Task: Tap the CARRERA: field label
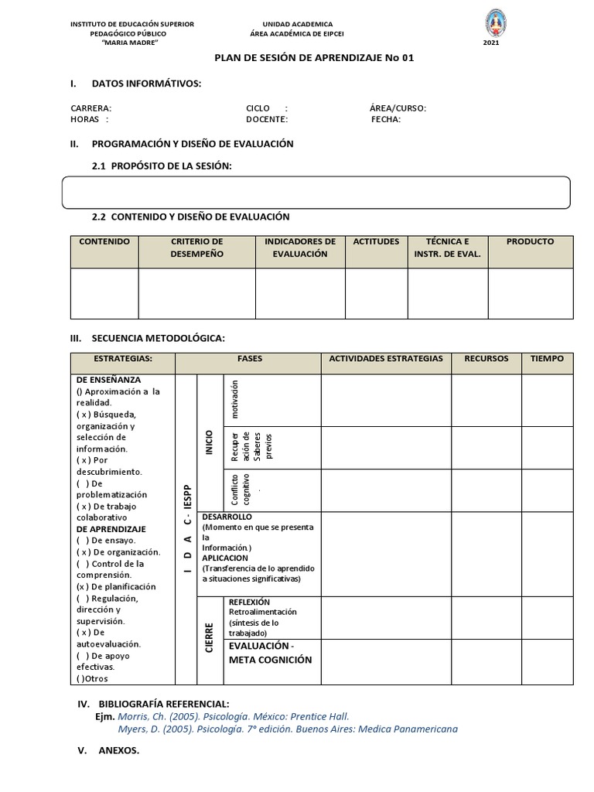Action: click(x=90, y=108)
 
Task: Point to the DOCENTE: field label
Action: click(x=267, y=120)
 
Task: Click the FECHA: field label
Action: click(x=386, y=120)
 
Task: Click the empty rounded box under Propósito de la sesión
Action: click(x=316, y=193)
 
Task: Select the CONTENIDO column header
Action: click(x=104, y=241)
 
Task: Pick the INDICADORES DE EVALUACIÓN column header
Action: click(x=300, y=247)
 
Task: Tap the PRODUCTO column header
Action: click(x=530, y=241)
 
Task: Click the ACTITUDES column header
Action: click(x=376, y=241)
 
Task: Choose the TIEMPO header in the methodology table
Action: click(x=548, y=359)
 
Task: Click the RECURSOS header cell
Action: click(x=486, y=359)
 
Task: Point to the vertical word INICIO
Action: click(x=210, y=442)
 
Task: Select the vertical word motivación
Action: click(x=236, y=399)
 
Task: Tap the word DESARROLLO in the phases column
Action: click(x=227, y=516)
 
